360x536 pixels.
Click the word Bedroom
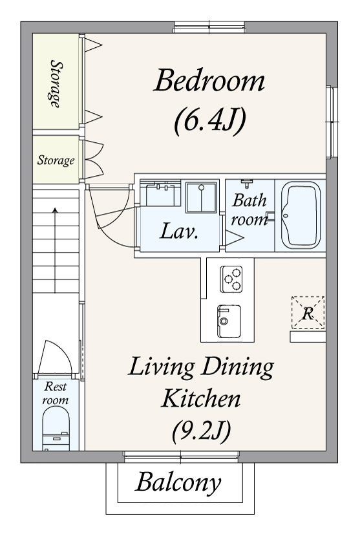(209, 81)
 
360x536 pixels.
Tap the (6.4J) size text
(209, 121)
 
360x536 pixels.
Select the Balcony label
(178, 483)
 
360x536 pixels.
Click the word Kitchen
(201, 398)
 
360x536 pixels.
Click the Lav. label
(179, 231)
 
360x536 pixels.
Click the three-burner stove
(231, 279)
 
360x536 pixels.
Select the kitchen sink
(229, 321)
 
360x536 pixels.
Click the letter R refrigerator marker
(308, 313)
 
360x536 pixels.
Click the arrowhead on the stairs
(55, 210)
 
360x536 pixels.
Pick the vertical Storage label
(56, 84)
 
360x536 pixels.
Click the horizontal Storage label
(56, 160)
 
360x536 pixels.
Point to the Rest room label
(56, 393)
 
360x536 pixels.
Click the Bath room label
(249, 209)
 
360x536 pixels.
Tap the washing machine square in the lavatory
(201, 197)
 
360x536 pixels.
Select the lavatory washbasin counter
(160, 193)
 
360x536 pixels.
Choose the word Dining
(237, 367)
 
